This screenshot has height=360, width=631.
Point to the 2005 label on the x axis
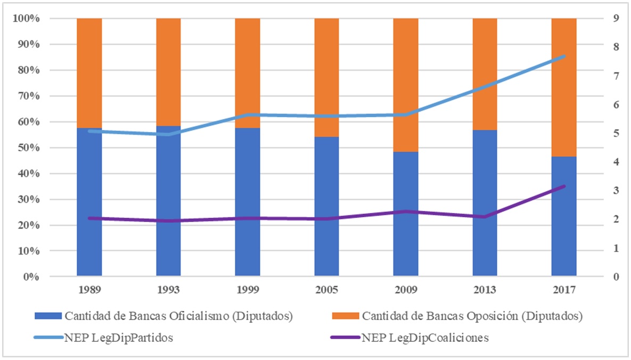pos(326,290)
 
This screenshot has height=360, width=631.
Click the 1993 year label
pos(168,290)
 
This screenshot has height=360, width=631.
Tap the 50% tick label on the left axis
pos(30,148)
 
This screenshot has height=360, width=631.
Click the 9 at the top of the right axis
pos(601,19)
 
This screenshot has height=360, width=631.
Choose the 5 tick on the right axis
pos(601,134)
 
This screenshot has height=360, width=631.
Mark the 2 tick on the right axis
pos(601,219)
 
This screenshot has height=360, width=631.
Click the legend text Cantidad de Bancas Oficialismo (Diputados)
pos(179,316)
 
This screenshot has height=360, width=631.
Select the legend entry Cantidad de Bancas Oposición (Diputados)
pos(472,316)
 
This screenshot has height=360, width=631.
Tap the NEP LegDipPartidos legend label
pos(118,338)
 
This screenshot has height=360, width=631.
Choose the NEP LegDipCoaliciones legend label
pos(425,338)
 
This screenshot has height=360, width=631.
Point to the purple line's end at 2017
pos(564,186)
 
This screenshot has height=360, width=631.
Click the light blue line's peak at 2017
pos(564,56)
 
